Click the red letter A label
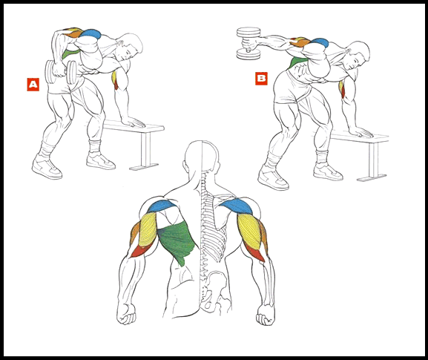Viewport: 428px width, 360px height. [x=33, y=85]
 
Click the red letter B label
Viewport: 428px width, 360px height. [x=261, y=79]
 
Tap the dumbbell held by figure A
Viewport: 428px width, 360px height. [x=61, y=72]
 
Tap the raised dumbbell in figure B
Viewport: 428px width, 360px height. [x=248, y=43]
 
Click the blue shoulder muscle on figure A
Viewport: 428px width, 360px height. [x=90, y=33]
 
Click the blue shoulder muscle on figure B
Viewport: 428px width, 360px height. [x=320, y=42]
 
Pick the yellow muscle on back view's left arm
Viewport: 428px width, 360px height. [x=148, y=230]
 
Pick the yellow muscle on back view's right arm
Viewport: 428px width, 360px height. [x=249, y=230]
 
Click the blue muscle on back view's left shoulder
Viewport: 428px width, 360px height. [x=162, y=206]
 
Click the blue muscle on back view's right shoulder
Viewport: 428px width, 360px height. [x=237, y=206]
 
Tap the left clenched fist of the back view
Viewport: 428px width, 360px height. [x=126, y=313]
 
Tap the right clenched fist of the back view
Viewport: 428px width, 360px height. [x=266, y=315]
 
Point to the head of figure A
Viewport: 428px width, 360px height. [x=131, y=47]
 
